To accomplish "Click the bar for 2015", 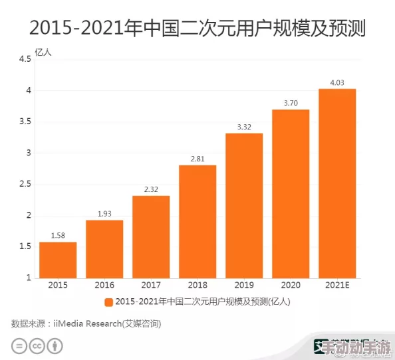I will tap(58, 260).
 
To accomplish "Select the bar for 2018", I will tap(197, 221).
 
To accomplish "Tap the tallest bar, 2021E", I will tap(337, 183).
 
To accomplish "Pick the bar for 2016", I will tap(104, 248).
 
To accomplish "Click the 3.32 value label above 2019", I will tap(244, 126).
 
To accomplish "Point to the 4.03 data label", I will tap(337, 82).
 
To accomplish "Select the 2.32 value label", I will tap(151, 189).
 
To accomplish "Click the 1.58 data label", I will tap(58, 235).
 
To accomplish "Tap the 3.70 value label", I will tap(291, 103).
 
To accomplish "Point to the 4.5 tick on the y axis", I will tap(25, 59).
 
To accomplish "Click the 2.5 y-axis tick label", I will tap(25, 184).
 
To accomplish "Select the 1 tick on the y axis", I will tap(29, 278).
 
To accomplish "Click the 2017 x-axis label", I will tap(151, 285).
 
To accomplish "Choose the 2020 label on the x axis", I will tap(291, 285).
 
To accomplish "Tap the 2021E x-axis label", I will tap(337, 285).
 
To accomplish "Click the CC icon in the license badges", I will tap(38, 346).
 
